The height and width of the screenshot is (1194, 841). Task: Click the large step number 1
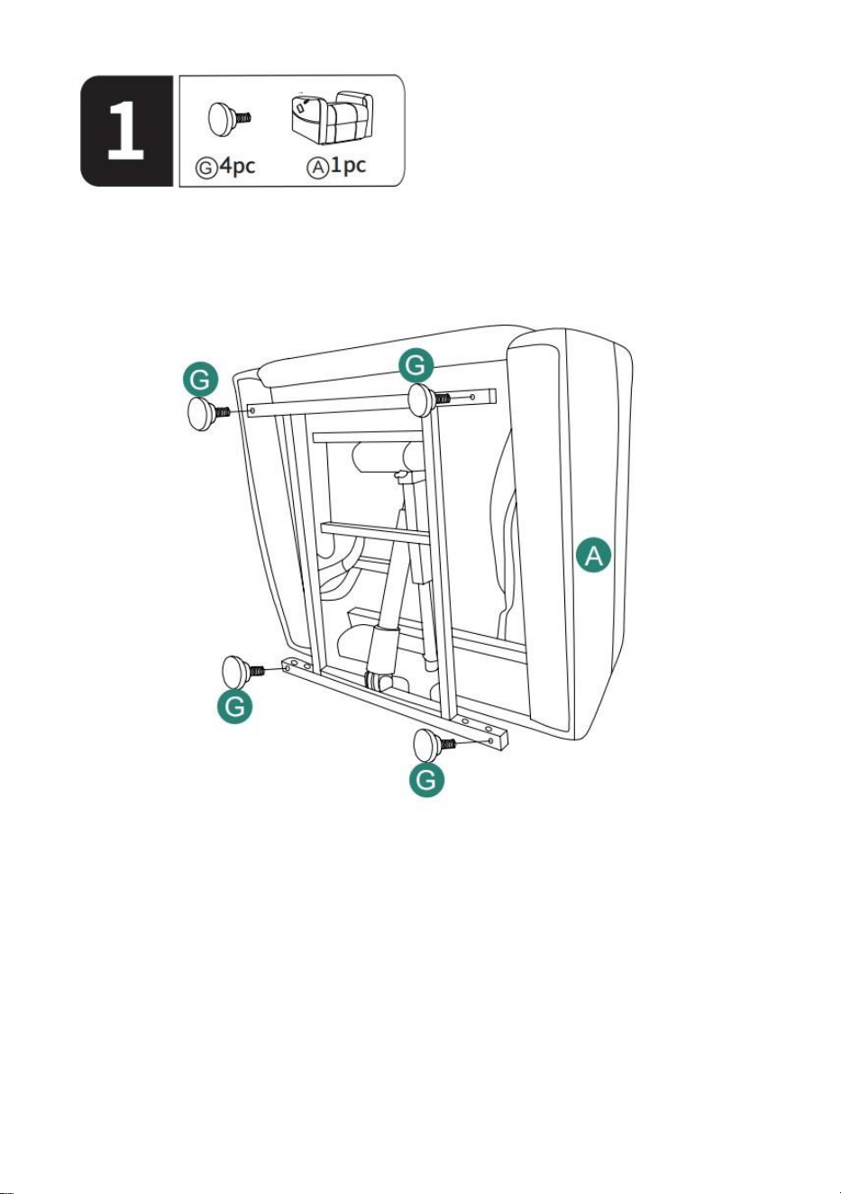click(x=126, y=131)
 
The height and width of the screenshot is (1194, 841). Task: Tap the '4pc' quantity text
click(x=238, y=166)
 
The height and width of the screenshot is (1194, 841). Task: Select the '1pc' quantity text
click(x=349, y=165)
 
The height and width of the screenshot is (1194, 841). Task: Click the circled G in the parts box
click(x=206, y=168)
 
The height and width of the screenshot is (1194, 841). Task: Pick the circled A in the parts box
click(x=317, y=168)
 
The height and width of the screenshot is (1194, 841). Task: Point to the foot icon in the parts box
click(x=229, y=118)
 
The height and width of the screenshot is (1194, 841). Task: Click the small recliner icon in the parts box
click(x=332, y=118)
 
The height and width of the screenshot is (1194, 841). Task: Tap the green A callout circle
click(x=593, y=555)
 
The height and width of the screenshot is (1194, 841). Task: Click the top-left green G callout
click(x=200, y=380)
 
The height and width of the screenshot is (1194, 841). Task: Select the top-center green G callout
click(x=416, y=365)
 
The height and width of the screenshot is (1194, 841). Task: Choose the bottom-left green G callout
click(x=234, y=706)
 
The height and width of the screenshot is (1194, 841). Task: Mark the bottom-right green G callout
click(x=426, y=780)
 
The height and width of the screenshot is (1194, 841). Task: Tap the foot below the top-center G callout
click(x=422, y=400)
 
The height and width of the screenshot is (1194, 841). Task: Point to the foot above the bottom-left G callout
click(x=235, y=672)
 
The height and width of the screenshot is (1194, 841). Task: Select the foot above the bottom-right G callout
click(x=427, y=745)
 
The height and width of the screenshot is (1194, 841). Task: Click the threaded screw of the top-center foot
click(x=443, y=398)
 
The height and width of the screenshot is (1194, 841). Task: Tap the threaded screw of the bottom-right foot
click(x=449, y=744)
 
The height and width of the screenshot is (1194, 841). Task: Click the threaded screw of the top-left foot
click(x=222, y=411)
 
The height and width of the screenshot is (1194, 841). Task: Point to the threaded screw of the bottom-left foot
click(x=257, y=671)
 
